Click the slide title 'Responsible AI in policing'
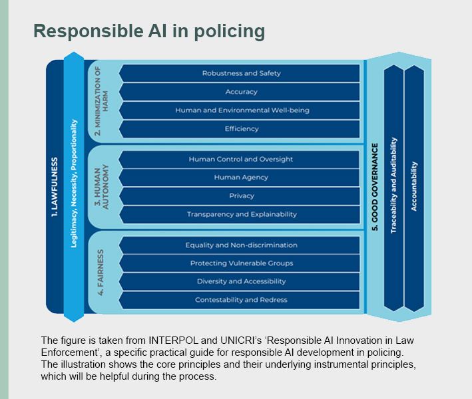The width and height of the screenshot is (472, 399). [x=149, y=31]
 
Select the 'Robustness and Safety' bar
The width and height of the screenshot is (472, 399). [x=241, y=73]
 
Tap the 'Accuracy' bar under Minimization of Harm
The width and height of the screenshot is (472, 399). [x=241, y=92]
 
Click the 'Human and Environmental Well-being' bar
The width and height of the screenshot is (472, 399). [x=241, y=110]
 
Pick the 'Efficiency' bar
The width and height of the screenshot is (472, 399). [x=241, y=128]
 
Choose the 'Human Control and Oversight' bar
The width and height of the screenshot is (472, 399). [x=241, y=160]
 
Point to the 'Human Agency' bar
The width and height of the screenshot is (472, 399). [x=241, y=178]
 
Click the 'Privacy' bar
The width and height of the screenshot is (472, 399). [x=241, y=196]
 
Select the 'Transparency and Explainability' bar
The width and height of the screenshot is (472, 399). [x=241, y=214]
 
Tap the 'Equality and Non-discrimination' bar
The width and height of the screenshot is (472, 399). [x=241, y=245]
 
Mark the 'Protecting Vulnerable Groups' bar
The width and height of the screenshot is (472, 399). [x=241, y=263]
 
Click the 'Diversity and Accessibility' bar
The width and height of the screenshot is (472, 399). [x=241, y=281]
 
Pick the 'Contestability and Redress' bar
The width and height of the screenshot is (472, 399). [x=241, y=300]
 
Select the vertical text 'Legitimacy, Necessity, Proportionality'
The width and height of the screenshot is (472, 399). [x=74, y=184]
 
